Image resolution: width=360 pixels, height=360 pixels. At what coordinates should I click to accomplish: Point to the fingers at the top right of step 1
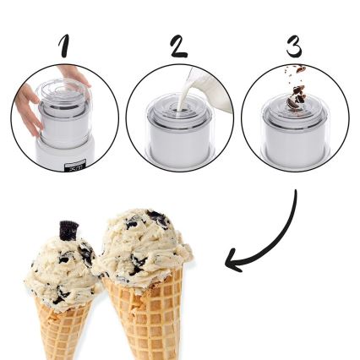[78, 76]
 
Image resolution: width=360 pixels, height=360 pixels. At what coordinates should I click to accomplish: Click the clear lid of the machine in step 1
[62, 94]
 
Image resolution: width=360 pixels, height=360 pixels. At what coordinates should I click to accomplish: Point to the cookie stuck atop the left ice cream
[68, 229]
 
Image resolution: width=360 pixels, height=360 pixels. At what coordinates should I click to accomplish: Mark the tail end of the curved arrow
[296, 193]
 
